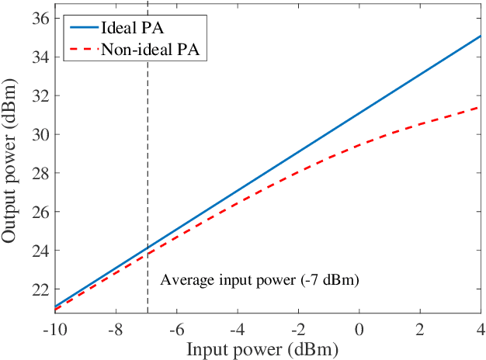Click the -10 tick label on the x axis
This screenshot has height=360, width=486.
pos(54,329)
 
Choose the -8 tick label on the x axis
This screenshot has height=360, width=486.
pos(115,329)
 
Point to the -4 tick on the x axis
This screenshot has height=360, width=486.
pos(237,329)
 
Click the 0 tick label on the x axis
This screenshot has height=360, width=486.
pos(359,329)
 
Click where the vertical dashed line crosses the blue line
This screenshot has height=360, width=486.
pos(148,249)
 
